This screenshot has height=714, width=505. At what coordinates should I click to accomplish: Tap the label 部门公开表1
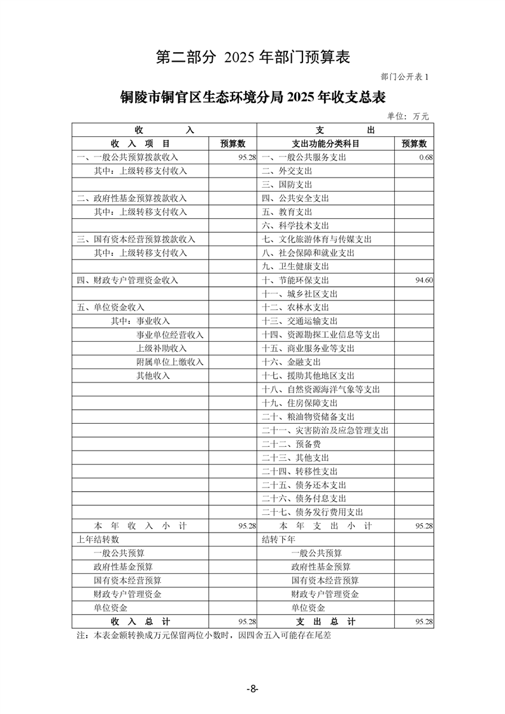pos(406,77)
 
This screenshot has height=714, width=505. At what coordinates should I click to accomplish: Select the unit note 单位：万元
pos(408,116)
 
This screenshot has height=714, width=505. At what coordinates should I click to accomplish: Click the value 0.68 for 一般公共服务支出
pos(426,157)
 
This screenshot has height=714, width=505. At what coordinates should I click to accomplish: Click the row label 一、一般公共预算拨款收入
pos(127,157)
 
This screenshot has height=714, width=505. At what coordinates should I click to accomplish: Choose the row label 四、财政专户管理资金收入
pos(127,280)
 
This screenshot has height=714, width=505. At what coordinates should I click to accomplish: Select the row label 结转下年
pos(279,540)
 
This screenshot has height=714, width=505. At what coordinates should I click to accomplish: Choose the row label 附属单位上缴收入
pos(169,362)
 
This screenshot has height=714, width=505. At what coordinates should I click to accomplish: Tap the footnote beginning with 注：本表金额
pos(204,635)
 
